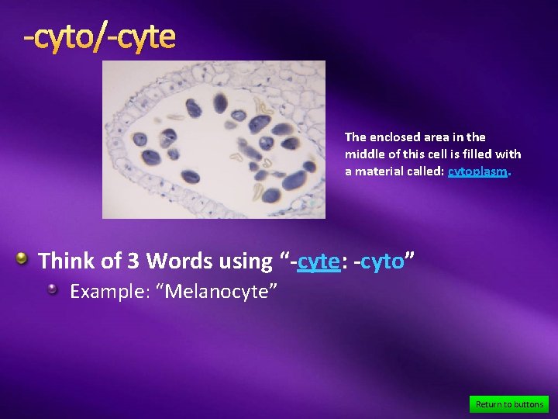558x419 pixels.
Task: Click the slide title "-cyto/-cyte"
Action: coord(99,36)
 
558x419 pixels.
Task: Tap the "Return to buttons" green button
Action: coord(509,404)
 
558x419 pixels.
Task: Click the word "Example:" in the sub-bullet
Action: coord(105,292)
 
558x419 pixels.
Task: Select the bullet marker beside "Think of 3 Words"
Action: coord(24,258)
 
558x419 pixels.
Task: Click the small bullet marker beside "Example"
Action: coord(53,289)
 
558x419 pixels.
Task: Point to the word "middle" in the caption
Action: coord(363,154)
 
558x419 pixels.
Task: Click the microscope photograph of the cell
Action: coord(214,140)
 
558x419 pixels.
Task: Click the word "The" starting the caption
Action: coord(356,137)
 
